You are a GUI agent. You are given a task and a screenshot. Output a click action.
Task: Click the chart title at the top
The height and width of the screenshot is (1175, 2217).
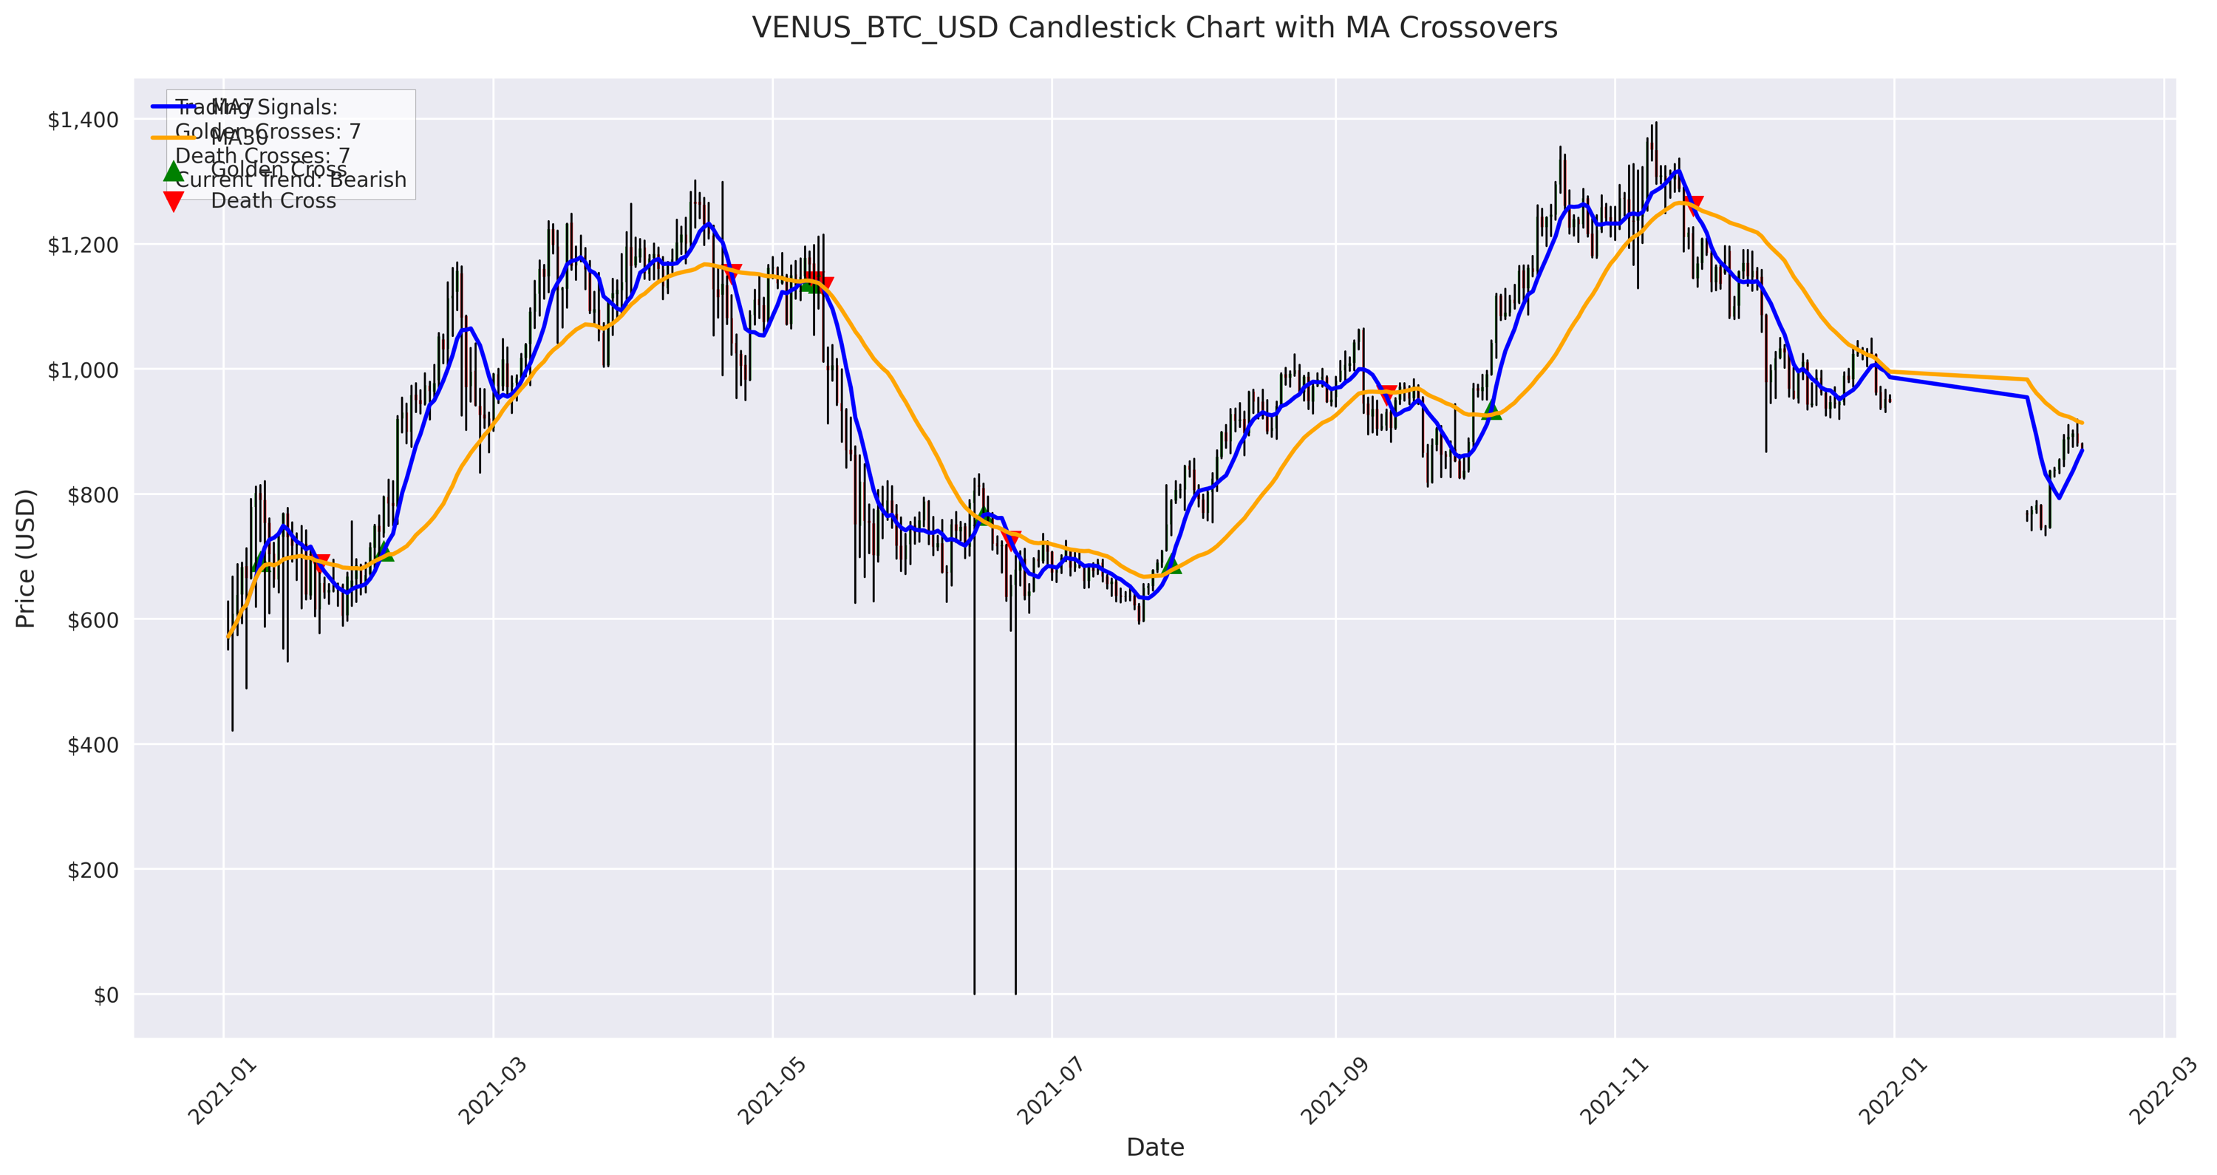coord(1154,28)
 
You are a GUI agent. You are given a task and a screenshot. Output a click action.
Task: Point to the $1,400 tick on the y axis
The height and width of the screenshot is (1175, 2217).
coord(83,120)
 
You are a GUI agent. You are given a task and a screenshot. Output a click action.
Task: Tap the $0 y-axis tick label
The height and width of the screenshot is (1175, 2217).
coord(106,996)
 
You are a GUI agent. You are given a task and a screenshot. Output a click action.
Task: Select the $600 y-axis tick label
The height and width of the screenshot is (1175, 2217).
coord(94,621)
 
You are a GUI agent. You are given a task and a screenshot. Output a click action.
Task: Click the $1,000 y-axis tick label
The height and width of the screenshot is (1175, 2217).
coord(83,370)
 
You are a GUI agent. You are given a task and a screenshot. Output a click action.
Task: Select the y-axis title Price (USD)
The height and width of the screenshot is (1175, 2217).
coord(26,558)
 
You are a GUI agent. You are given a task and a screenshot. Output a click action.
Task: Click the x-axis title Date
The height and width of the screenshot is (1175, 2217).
coord(1155,1148)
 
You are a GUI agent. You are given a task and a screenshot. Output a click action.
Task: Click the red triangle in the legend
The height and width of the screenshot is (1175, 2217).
coord(174,202)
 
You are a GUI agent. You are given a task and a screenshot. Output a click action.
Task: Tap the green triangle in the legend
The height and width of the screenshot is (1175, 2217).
coord(174,171)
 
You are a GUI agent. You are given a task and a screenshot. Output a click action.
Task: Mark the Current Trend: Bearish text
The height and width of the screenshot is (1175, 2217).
coord(291,180)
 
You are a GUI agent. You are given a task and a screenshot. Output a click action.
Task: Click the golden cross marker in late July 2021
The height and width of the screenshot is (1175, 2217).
coord(1172,565)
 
